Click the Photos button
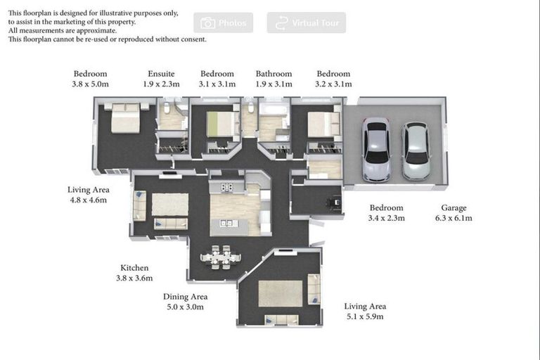coord(224,23)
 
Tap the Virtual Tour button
coord(306,23)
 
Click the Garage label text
coord(454,208)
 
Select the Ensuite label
coord(161,74)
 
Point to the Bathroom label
coord(274,74)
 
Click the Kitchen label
coord(134,268)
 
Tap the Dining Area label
coord(185,297)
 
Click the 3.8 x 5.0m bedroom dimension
coord(91,84)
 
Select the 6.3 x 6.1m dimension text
coord(454,219)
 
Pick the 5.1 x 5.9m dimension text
coord(365,317)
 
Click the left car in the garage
coord(377,149)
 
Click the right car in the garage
coord(415,151)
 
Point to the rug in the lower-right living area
coord(280,293)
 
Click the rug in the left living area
coord(170,204)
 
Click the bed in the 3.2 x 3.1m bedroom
coord(323,123)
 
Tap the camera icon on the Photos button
coord(207,23)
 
